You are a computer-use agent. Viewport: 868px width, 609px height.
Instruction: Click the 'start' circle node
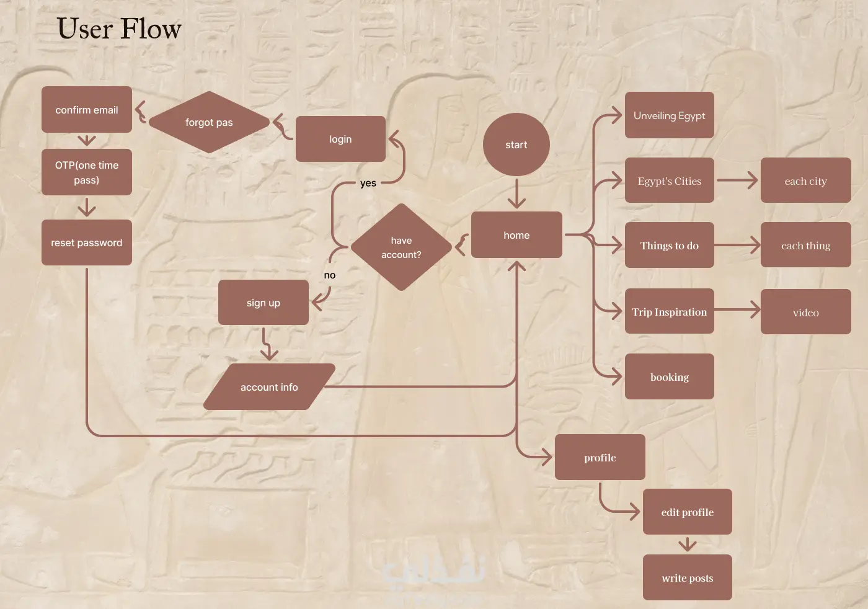pos(516,144)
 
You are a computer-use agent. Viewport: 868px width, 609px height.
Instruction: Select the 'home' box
pos(516,234)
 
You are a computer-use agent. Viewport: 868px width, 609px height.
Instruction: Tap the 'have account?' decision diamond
pos(402,247)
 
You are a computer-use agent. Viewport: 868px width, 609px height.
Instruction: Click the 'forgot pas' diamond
pos(210,122)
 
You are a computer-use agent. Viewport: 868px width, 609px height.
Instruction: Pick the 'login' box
pos(340,139)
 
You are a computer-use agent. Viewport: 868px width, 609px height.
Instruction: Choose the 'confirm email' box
pos(87,109)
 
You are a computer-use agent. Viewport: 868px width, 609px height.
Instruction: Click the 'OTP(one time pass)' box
pos(87,172)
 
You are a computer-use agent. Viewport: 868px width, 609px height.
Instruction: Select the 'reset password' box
pos(87,242)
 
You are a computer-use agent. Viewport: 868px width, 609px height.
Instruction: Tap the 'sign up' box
pos(263,303)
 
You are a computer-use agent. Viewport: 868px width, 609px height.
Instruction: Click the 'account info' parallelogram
pos(269,386)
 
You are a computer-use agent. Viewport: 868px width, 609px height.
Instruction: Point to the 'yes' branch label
pos(368,183)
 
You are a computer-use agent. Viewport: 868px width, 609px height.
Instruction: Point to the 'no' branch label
pos(330,275)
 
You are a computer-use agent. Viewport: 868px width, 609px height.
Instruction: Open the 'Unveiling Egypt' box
pos(670,115)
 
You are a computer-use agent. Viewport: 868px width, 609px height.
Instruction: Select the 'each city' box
pos(806,180)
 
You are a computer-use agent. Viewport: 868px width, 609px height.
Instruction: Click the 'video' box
pos(806,312)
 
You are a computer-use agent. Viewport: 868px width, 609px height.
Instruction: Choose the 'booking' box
pos(670,376)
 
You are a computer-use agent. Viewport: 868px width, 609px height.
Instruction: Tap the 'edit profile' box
pos(688,512)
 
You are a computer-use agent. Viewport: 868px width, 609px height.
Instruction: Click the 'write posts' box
pos(688,577)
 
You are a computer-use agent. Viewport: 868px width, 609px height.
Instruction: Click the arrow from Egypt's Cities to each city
pos(737,180)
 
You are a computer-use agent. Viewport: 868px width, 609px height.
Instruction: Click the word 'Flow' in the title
pos(151,29)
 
